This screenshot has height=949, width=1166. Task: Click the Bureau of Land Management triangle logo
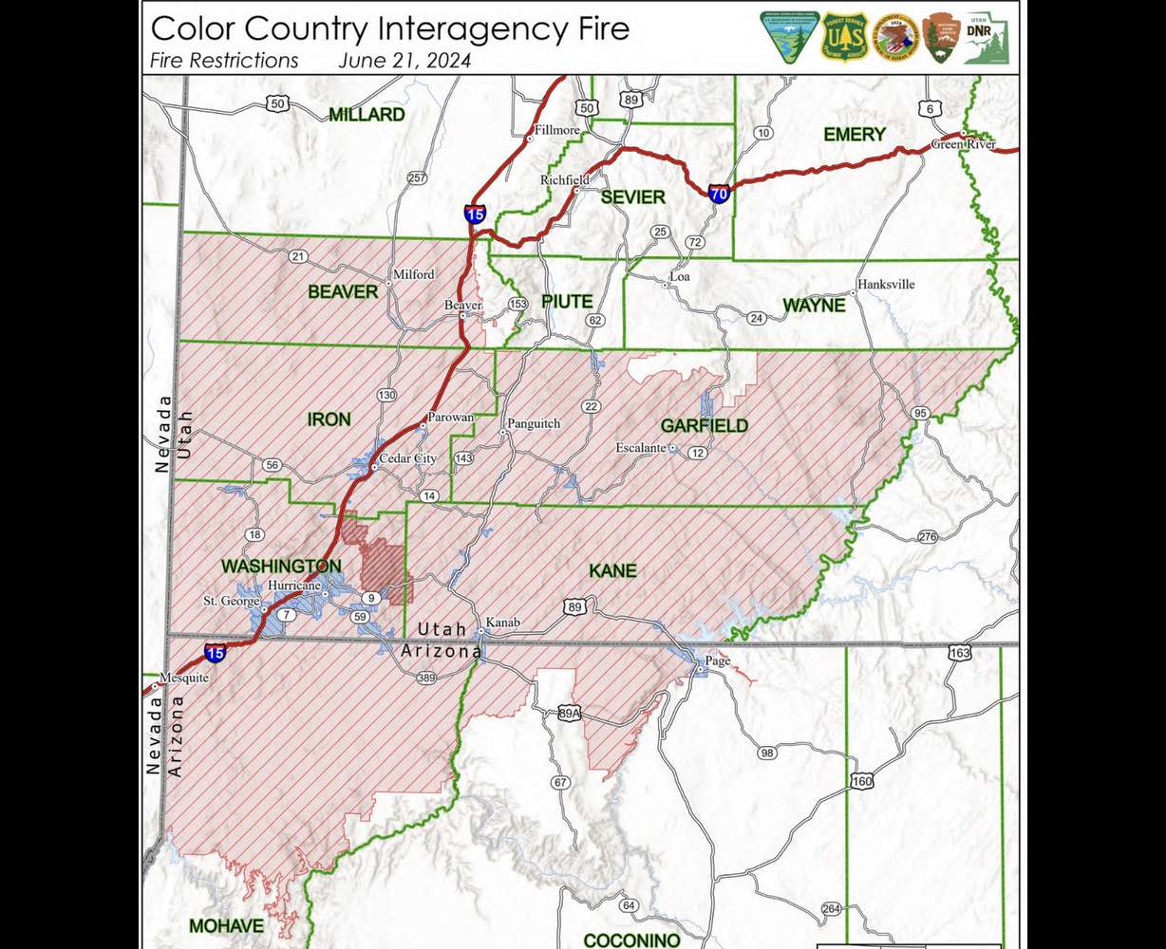click(788, 38)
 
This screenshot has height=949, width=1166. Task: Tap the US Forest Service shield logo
click(840, 38)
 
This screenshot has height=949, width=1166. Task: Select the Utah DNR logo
click(986, 38)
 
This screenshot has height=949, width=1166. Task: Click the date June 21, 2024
click(404, 61)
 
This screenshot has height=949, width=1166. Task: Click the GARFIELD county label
click(704, 426)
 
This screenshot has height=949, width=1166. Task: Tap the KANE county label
click(612, 571)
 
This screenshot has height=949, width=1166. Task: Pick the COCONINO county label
click(631, 940)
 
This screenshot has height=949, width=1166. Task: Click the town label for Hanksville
click(886, 284)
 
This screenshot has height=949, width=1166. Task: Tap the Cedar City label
click(408, 459)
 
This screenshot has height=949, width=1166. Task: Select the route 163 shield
click(960, 653)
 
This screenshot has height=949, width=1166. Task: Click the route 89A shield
click(569, 714)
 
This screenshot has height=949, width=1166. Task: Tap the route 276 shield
click(928, 537)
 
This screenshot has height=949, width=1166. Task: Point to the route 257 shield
click(417, 178)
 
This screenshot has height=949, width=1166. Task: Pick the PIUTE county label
click(567, 302)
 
